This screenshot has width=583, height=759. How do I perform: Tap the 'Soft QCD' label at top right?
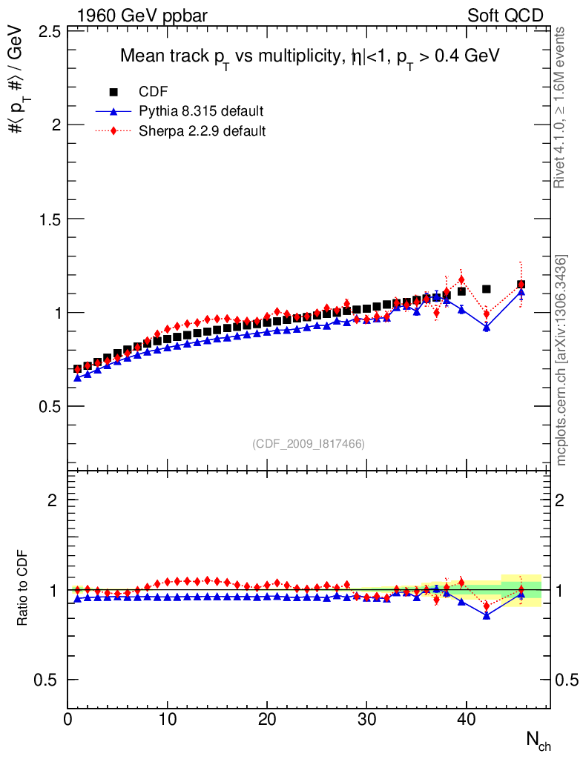tap(505, 15)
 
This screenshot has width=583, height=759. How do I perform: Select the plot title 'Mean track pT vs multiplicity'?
tap(310, 56)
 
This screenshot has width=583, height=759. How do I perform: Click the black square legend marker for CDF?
tap(113, 92)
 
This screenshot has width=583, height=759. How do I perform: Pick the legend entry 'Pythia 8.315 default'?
tap(201, 112)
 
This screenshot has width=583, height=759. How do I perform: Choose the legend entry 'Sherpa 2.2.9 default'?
tap(202, 131)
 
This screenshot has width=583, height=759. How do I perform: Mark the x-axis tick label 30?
tap(366, 720)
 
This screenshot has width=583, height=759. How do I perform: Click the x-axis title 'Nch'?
tap(538, 740)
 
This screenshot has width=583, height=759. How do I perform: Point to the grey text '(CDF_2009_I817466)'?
tap(309, 443)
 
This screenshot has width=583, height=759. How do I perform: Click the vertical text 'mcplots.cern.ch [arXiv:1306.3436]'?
tap(562, 360)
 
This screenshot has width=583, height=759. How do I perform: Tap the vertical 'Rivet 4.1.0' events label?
tap(561, 107)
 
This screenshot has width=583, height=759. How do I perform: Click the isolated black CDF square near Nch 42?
tap(487, 289)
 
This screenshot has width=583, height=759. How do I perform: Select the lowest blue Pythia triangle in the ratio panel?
tap(487, 615)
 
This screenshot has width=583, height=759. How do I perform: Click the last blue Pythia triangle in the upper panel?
tap(521, 292)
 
